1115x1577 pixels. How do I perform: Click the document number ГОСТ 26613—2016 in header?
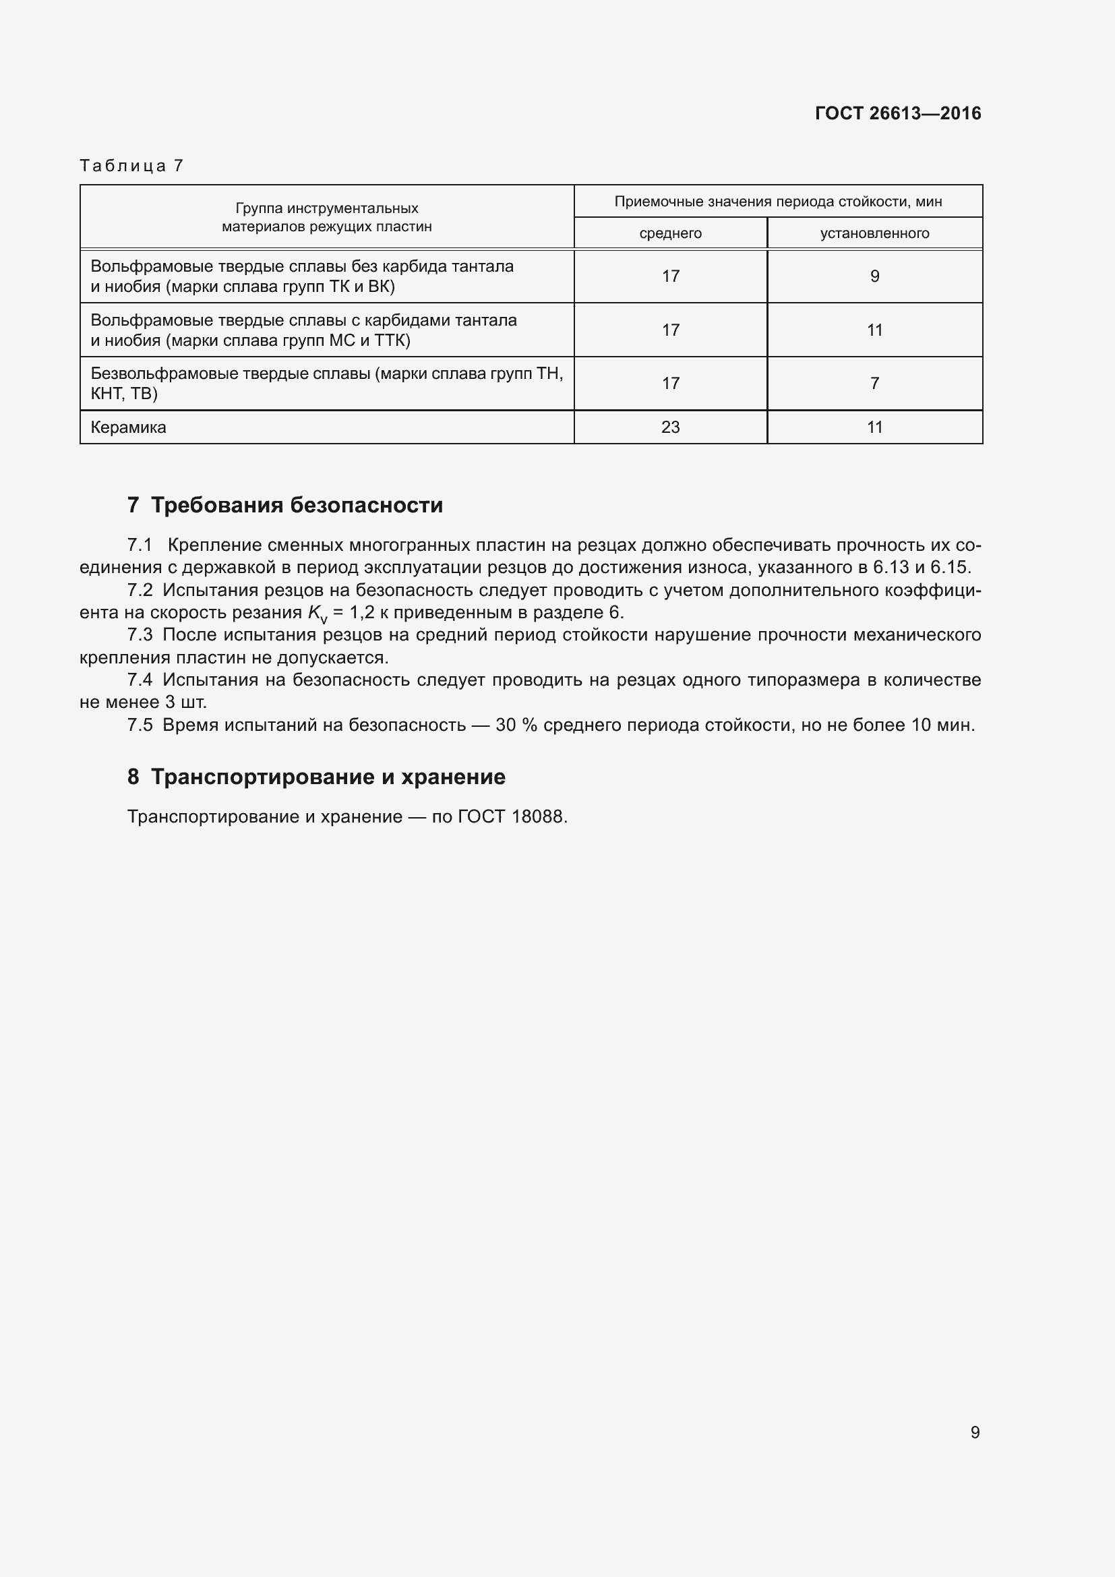tap(897, 113)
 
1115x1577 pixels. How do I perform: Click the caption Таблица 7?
tap(131, 166)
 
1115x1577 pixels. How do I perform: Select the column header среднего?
tap(670, 233)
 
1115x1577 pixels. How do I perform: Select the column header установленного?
tap(874, 233)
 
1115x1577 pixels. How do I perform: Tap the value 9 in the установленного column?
tap(874, 276)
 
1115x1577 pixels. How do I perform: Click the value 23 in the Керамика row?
tap(670, 427)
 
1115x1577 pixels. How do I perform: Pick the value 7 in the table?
tap(874, 383)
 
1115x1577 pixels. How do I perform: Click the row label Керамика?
tap(128, 427)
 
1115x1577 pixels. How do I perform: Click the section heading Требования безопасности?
tap(297, 505)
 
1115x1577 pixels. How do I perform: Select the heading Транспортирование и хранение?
tap(328, 777)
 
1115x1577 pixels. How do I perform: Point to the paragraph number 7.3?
tap(140, 634)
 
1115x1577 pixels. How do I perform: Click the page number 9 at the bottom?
tap(974, 1432)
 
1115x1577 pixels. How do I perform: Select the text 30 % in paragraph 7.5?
tap(516, 725)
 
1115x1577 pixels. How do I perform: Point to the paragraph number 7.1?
tap(140, 545)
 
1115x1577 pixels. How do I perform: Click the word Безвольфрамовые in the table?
tap(163, 374)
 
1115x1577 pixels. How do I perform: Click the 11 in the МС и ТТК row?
tap(874, 330)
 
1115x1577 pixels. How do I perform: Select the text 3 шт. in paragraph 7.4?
tap(185, 703)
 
